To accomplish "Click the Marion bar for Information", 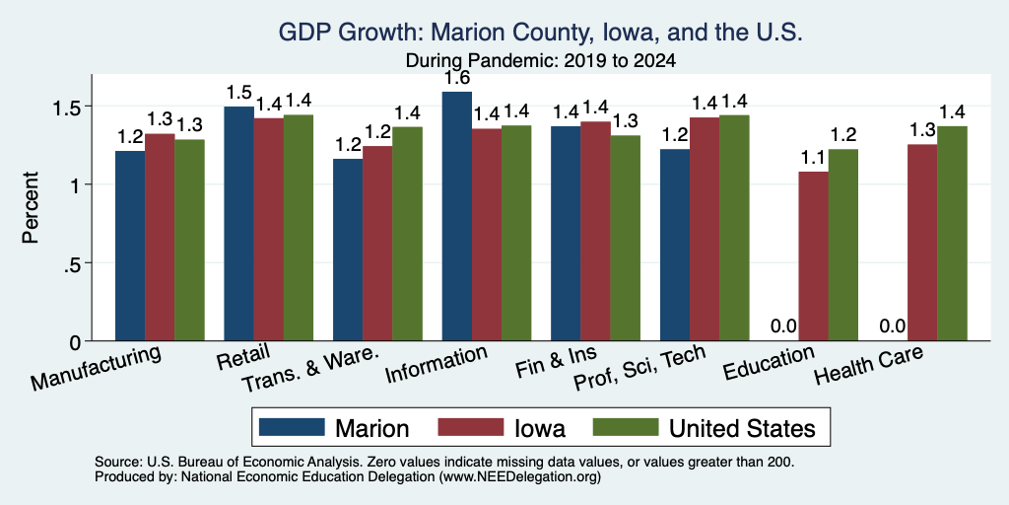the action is [457, 216].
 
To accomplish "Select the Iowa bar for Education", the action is [813, 256].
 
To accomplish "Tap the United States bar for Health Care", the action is [953, 233].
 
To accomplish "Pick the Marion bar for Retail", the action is [238, 224].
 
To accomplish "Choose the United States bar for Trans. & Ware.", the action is [407, 234].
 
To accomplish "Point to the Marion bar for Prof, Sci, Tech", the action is [675, 245].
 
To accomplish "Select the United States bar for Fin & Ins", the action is [626, 239].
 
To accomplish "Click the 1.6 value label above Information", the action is [457, 79].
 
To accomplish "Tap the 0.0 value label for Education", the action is [783, 326].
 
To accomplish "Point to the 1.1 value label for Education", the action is [813, 158].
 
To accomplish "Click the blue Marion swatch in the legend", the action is [292, 427].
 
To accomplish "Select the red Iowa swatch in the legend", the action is [470, 427].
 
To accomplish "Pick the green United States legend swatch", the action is [626, 427].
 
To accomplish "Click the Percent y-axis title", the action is [31, 207].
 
